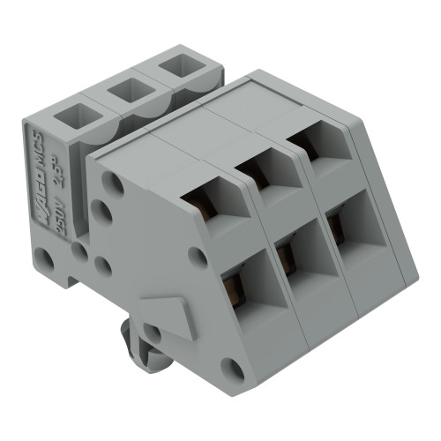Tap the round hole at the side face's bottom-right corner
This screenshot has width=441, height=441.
coord(232,367)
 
